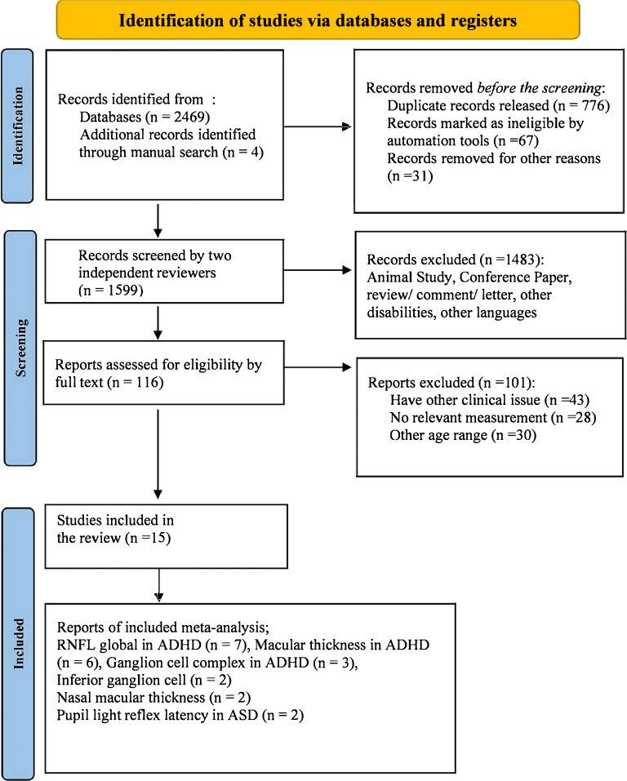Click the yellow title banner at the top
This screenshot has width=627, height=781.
318,20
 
